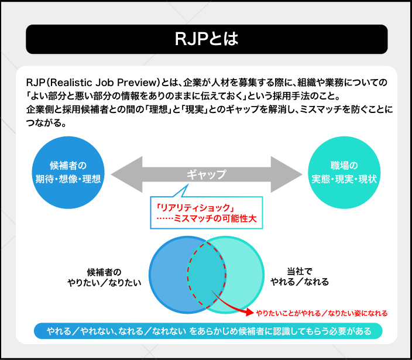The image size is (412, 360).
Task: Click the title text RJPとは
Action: (x=206, y=39)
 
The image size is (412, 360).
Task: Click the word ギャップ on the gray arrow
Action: (x=205, y=174)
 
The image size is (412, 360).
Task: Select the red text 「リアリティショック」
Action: (x=191, y=207)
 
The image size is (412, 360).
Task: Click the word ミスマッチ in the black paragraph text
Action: (x=310, y=110)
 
